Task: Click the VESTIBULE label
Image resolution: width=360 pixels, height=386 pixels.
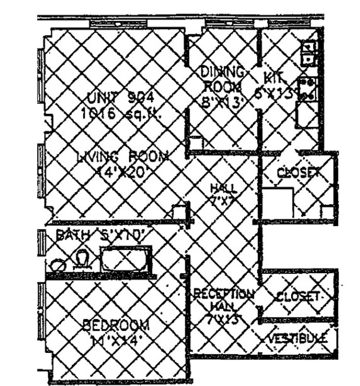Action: (x=298, y=338)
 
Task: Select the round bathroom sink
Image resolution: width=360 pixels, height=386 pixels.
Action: (x=58, y=266)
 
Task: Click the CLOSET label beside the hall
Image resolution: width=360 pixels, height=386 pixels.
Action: (x=298, y=173)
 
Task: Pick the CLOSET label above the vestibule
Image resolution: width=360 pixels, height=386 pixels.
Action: (x=298, y=296)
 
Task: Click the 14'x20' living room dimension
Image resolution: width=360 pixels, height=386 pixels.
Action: (x=120, y=174)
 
